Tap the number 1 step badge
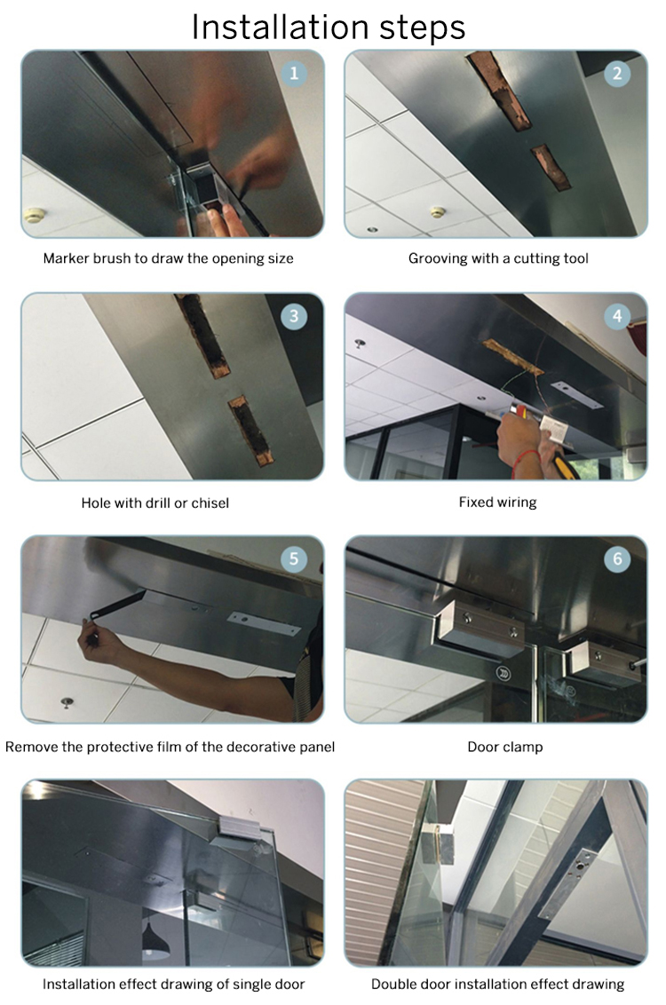pos(294,73)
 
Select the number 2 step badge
pos(618,73)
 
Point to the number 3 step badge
pos(294,317)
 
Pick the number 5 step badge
pos(294,559)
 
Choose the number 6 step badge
pos(618,559)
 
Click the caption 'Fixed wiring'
pos(497,502)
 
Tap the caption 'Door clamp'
pos(504,747)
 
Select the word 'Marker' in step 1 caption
pos(66,259)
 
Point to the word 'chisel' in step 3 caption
pos(209,503)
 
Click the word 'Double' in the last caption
pos(394,984)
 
